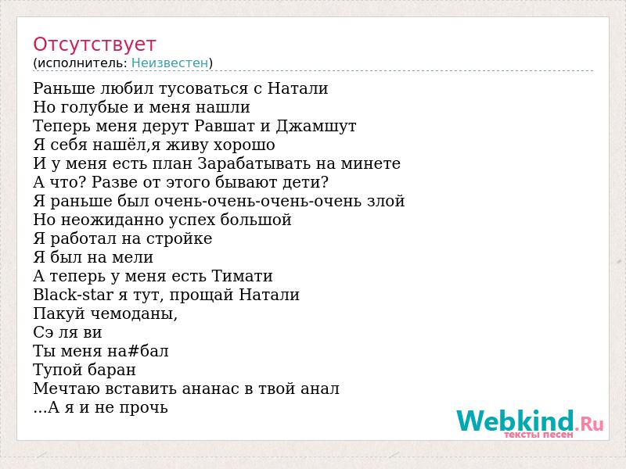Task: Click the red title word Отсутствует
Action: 94,45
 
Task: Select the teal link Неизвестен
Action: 170,63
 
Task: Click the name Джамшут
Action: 316,126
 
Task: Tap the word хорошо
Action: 244,145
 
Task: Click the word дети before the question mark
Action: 301,183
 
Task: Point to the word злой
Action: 386,201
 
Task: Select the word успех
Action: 192,220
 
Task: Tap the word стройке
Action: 179,239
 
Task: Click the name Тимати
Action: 242,276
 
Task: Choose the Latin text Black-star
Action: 73,295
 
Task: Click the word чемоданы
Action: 134,314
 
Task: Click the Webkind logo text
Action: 530,421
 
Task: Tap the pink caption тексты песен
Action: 538,435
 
